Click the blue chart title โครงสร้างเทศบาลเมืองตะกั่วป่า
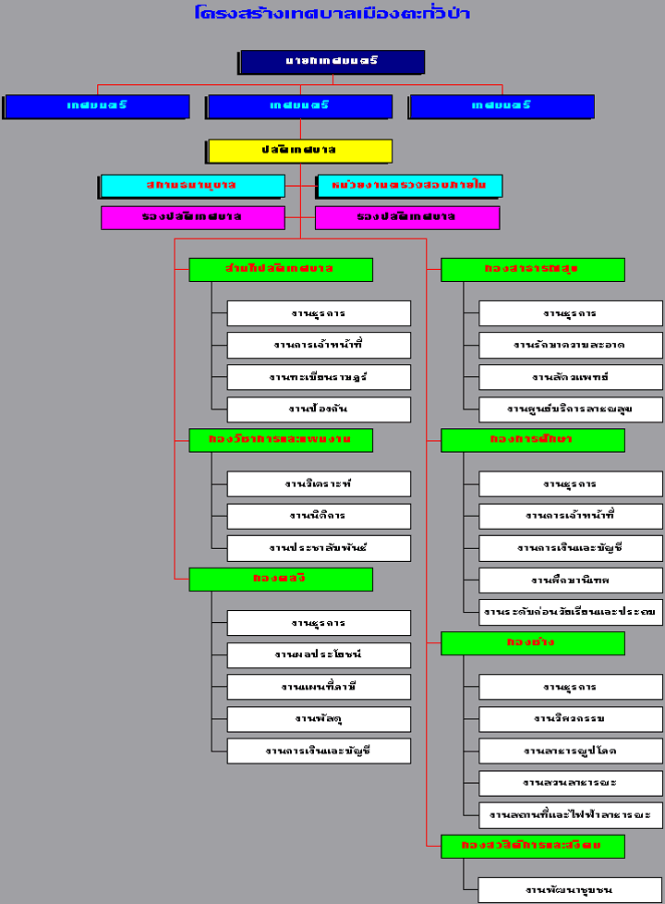tap(332, 13)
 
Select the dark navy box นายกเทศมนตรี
tap(332, 62)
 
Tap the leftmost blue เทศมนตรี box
tap(97, 106)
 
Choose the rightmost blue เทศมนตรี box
tap(502, 106)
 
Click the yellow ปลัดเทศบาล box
tap(300, 150)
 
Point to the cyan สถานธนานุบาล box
tap(192, 186)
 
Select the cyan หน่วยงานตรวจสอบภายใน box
tap(409, 186)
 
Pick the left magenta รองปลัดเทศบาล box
tap(193, 217)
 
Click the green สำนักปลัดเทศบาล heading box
tap(281, 269)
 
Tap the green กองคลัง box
tap(281, 579)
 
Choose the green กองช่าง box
tap(533, 642)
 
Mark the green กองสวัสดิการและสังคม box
tap(533, 846)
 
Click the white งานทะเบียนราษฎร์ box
tap(319, 377)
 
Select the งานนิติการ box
tap(319, 516)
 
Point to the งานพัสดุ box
tap(319, 718)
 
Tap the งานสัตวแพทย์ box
tap(571, 377)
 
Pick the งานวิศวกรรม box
tap(571, 719)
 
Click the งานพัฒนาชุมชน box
tap(571, 890)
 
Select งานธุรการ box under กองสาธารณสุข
tap(571, 313)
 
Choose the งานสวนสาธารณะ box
tap(571, 783)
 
